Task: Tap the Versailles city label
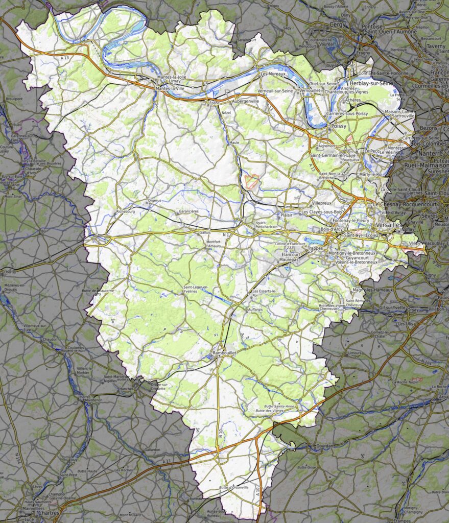tap(388, 224)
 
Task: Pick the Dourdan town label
tap(324, 445)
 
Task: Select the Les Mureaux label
tap(273, 74)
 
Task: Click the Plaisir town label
tap(286, 216)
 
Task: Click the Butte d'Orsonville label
tap(233, 487)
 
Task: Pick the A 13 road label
tap(64, 59)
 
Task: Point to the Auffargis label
tap(255, 310)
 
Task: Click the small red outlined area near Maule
tap(251, 180)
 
